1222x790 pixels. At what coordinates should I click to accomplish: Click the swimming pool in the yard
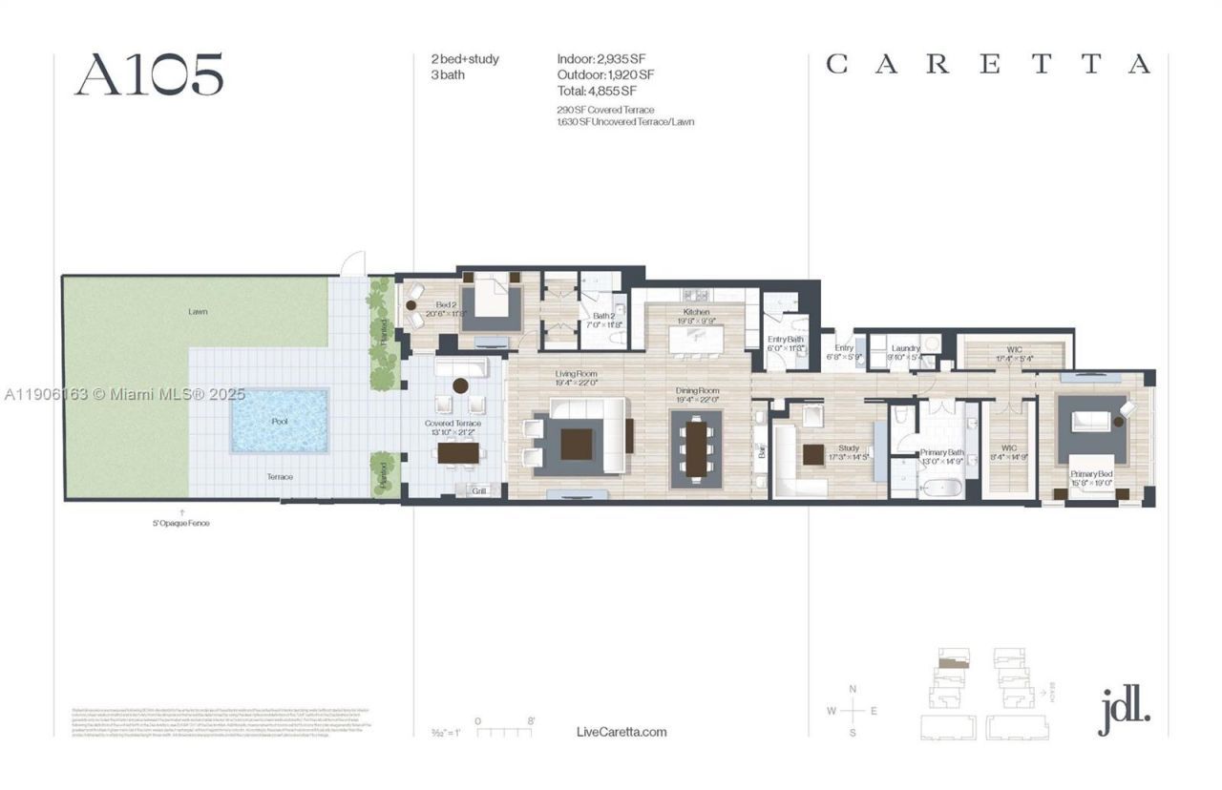point(280,420)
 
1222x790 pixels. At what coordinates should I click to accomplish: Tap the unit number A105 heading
point(149,74)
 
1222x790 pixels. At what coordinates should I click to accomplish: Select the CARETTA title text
point(988,65)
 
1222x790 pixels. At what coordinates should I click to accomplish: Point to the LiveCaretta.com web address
point(622,732)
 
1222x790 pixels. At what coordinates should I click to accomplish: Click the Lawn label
point(198,312)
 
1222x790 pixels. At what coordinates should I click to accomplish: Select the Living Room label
point(577,374)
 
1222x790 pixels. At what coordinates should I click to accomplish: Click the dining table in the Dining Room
point(697,448)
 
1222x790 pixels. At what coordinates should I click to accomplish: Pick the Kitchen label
point(696,313)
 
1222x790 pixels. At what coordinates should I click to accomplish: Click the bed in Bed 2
point(492,303)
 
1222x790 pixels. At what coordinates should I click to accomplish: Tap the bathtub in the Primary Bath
point(942,487)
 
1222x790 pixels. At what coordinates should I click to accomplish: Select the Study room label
point(848,448)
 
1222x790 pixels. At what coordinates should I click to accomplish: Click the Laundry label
point(905,348)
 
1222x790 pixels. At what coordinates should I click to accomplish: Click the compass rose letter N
point(853,689)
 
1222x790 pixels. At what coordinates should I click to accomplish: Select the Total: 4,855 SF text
point(597,91)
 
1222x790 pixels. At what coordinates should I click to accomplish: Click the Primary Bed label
point(1090,473)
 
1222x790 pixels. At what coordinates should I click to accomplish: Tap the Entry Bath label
point(786,340)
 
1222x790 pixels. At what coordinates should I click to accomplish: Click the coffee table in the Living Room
point(577,444)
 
